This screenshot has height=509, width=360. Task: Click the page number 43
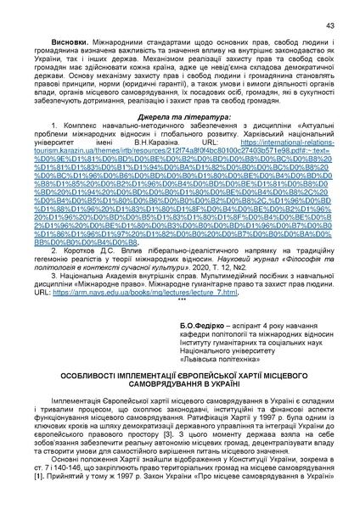tap(329, 26)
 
